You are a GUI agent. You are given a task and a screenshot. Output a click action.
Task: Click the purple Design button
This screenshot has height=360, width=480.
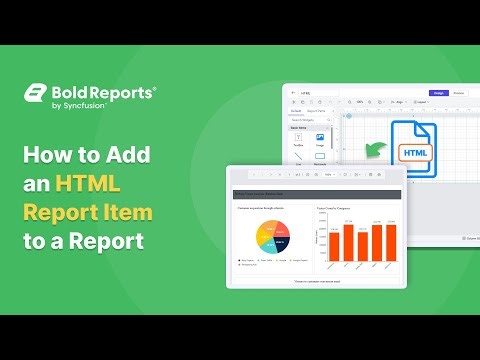click(438, 93)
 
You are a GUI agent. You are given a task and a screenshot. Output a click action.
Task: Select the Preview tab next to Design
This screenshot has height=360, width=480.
click(459, 93)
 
